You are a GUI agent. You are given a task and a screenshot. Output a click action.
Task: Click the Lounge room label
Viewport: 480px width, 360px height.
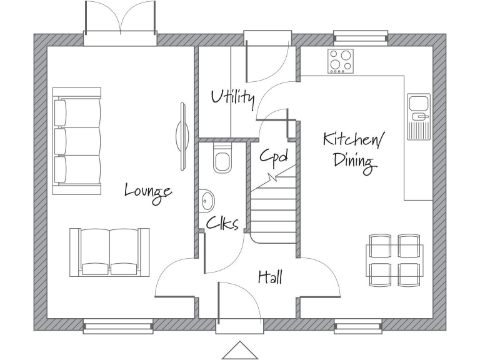(x=148, y=191)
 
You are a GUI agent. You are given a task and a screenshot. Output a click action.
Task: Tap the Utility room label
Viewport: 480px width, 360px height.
(x=232, y=97)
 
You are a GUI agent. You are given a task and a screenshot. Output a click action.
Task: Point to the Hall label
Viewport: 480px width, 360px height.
(x=270, y=277)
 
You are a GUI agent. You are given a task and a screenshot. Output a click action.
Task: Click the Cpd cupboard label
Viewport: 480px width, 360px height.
(x=273, y=156)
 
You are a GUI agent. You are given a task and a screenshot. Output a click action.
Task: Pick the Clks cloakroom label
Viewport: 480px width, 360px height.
(x=222, y=223)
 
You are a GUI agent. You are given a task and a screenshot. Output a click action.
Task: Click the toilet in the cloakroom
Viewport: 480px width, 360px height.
(x=222, y=158)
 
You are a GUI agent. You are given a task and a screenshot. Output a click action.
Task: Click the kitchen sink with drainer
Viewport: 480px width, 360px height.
(x=418, y=116)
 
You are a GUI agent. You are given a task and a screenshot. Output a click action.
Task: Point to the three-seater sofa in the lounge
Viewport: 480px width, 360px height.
(x=77, y=142)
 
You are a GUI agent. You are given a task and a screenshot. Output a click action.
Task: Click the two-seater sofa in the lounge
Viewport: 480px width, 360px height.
(x=109, y=252)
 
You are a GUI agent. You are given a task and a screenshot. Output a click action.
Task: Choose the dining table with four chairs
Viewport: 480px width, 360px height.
(x=394, y=260)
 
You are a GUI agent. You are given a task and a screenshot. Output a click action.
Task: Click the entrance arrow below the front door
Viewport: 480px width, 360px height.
(x=240, y=351)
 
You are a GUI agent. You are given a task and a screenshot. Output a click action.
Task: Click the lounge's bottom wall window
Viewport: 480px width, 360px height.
(x=118, y=326)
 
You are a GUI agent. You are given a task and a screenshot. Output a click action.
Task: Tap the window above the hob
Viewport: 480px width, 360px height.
(x=360, y=37)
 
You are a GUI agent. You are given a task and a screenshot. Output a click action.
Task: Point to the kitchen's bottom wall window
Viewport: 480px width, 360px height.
(x=358, y=326)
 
